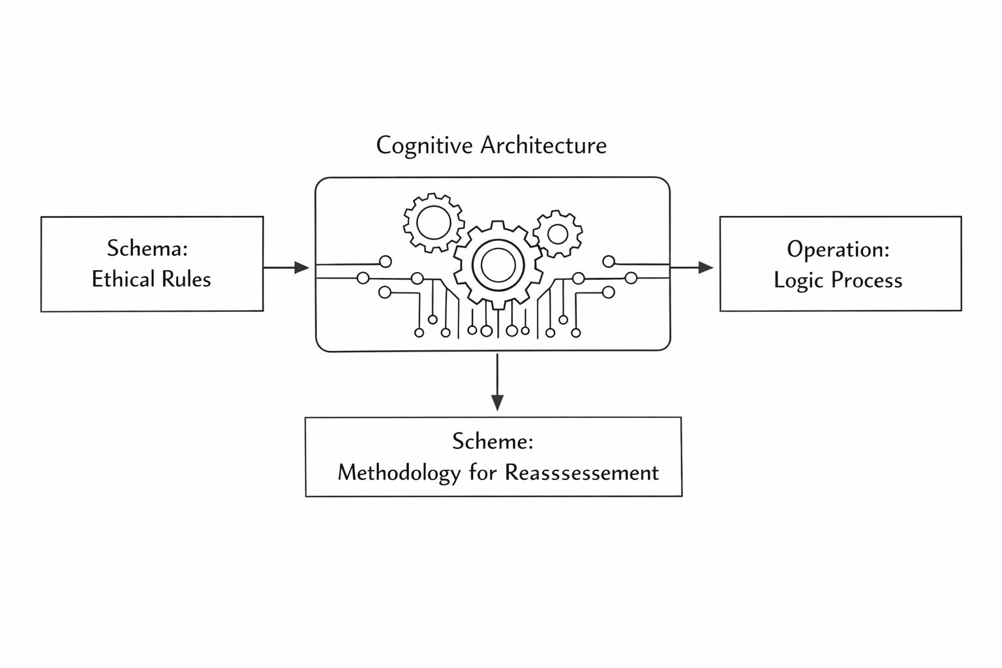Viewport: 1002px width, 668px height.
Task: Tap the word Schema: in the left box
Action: click(x=147, y=249)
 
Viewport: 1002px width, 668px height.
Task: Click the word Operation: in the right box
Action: click(x=838, y=249)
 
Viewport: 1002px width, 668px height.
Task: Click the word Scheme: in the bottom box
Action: click(x=493, y=442)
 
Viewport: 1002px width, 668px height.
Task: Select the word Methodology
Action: click(x=399, y=472)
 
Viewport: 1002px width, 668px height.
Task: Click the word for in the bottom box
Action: click(x=483, y=472)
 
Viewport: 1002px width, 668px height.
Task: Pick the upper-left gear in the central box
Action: click(x=434, y=223)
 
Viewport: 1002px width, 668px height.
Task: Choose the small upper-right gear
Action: click(x=558, y=233)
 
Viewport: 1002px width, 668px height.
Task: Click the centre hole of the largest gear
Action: click(x=498, y=265)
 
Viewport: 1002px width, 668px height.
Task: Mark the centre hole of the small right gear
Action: click(x=558, y=233)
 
